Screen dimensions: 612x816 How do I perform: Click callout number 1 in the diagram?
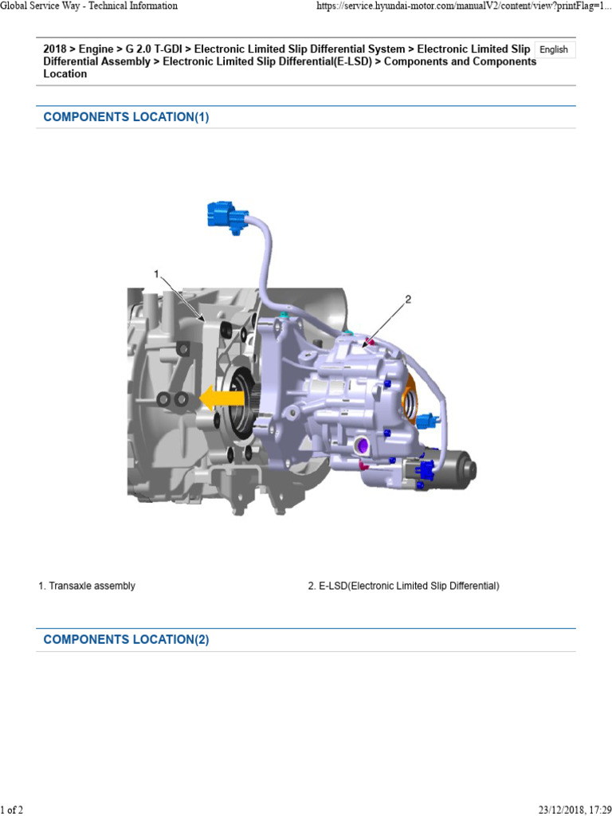[x=156, y=274]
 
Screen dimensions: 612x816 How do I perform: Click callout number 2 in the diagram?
[x=408, y=300]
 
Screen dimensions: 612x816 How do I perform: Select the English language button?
[x=554, y=50]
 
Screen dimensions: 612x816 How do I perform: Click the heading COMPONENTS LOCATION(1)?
[x=127, y=117]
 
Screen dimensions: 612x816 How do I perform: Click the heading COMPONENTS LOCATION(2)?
[x=127, y=640]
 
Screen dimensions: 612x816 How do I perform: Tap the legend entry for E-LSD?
[x=404, y=586]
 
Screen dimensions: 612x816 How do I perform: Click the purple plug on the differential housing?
[x=360, y=445]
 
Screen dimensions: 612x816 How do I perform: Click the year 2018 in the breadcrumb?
[x=55, y=49]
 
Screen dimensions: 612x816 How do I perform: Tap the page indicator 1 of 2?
[x=11, y=810]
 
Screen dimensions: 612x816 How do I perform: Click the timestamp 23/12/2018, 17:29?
[x=575, y=810]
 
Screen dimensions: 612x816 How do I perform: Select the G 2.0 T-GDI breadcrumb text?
[x=154, y=49]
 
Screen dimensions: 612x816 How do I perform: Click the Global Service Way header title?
[x=88, y=6]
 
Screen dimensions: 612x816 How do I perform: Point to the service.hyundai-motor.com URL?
[x=464, y=6]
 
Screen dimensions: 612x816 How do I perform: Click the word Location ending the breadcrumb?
[x=65, y=74]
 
